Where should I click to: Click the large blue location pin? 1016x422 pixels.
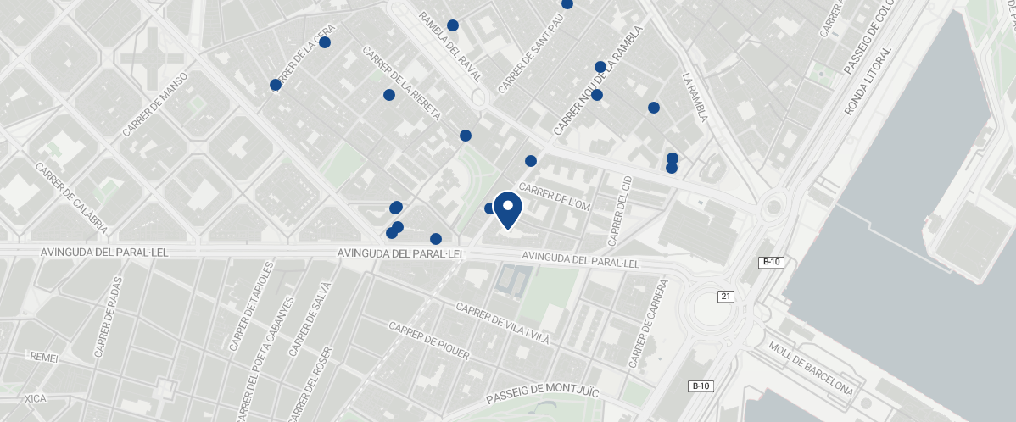(x=507, y=209)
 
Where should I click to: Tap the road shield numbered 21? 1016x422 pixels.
(x=725, y=296)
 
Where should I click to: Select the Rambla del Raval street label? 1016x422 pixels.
(x=450, y=46)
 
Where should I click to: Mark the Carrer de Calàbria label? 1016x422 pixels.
(x=71, y=197)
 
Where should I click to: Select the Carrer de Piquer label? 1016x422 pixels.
(x=428, y=341)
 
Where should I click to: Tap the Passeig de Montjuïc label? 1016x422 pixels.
(x=543, y=395)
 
